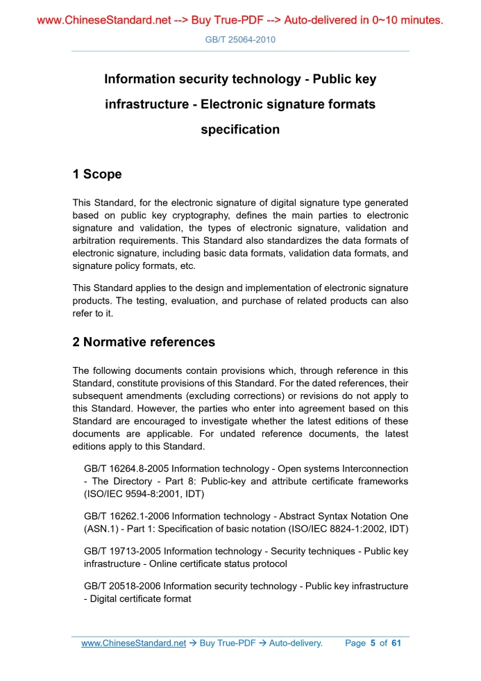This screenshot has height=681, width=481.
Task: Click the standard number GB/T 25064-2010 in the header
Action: (240, 40)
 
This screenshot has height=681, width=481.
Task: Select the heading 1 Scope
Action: (97, 174)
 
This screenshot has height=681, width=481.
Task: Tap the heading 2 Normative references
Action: (144, 342)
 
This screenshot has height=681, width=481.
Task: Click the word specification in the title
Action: (240, 129)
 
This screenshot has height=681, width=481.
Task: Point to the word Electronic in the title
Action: (239, 104)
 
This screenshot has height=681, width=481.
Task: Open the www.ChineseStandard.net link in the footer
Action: (133, 643)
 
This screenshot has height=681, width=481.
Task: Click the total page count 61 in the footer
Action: (396, 643)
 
